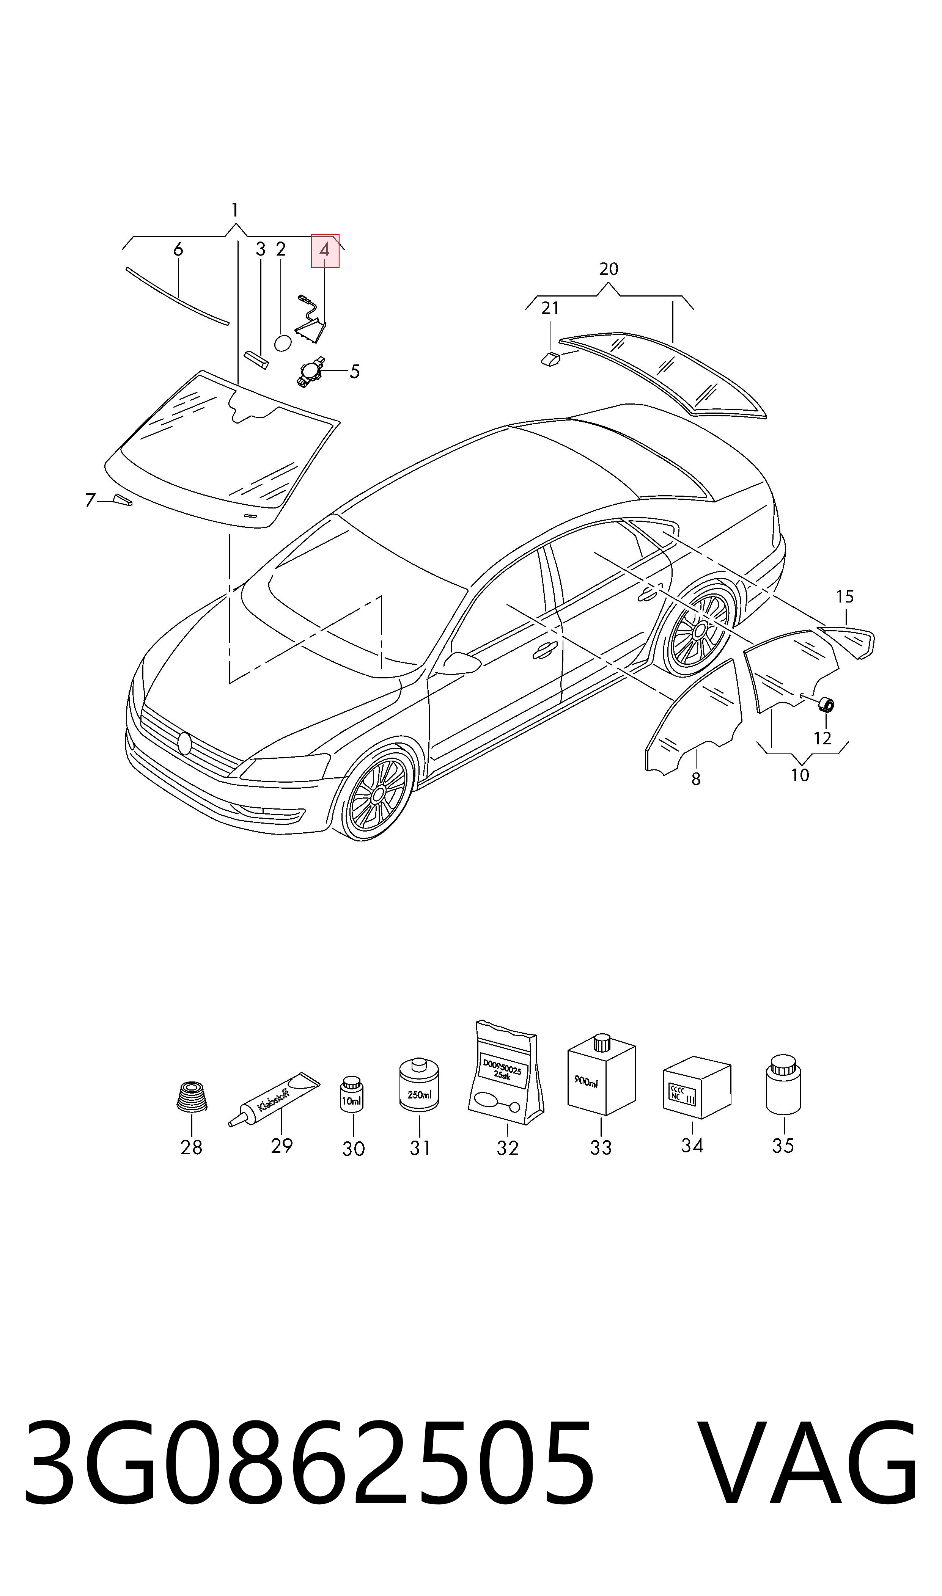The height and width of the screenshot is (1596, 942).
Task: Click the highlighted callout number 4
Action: pyautogui.click(x=324, y=250)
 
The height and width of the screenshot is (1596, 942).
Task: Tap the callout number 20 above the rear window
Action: pyautogui.click(x=608, y=269)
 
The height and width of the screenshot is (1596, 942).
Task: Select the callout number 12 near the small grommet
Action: pyautogui.click(x=822, y=738)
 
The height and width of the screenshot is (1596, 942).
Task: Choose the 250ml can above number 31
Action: pyautogui.click(x=419, y=1084)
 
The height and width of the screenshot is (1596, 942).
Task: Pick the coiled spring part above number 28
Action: pyautogui.click(x=192, y=1096)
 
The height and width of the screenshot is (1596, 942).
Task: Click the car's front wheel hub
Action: pyautogui.click(x=378, y=794)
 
